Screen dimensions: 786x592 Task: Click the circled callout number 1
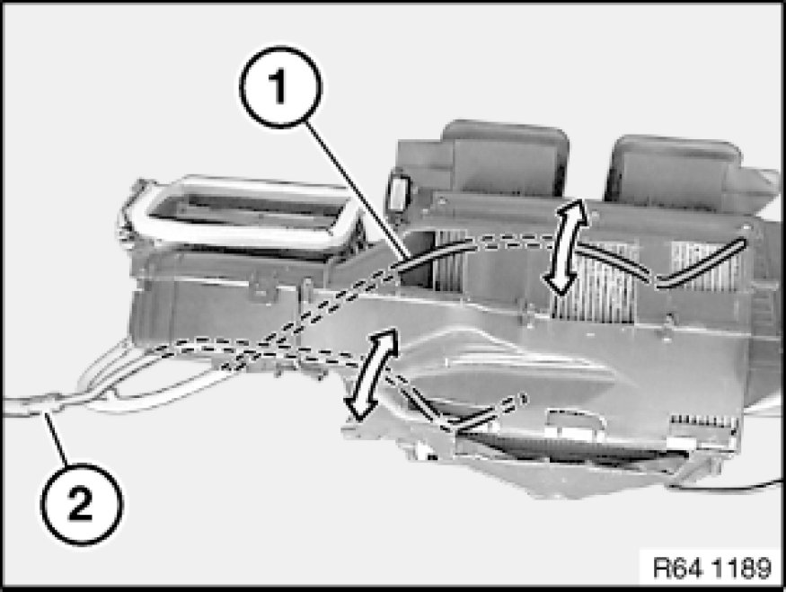pyautogui.click(x=280, y=87)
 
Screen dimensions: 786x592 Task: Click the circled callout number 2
pyautogui.click(x=81, y=504)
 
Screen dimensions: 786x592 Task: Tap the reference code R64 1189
pyautogui.click(x=711, y=569)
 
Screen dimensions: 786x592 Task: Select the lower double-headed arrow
pyautogui.click(x=372, y=374)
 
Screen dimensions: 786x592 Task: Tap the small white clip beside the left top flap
pyautogui.click(x=399, y=192)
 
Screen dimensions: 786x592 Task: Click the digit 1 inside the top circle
pyautogui.click(x=278, y=87)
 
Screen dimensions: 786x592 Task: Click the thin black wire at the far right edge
pyautogui.click(x=727, y=485)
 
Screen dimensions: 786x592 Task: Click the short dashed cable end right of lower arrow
pyautogui.click(x=489, y=412)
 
